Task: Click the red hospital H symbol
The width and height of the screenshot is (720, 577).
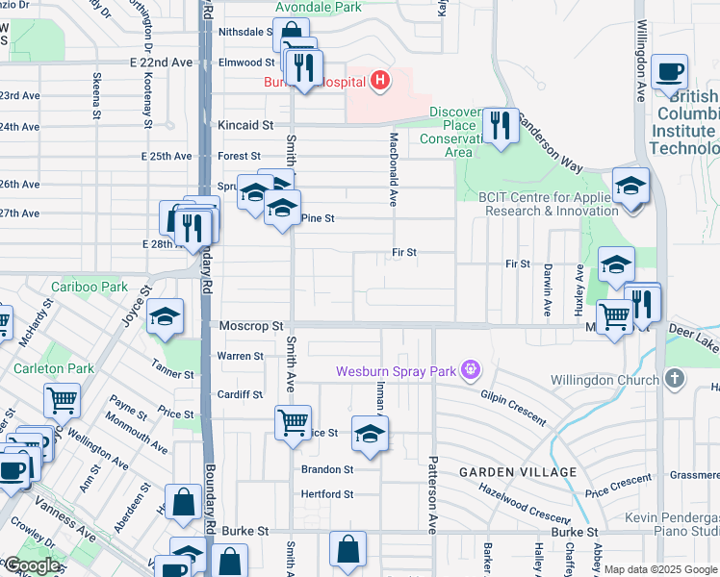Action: pos(380,81)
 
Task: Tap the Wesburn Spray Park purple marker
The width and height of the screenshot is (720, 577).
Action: pos(470,369)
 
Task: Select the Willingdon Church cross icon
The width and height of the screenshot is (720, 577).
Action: pos(674,377)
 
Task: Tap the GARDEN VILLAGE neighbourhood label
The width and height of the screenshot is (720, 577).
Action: pos(518,472)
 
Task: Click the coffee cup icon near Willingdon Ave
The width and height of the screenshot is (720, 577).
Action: pos(669,71)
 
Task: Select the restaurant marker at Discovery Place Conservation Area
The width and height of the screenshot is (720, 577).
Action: pos(500,125)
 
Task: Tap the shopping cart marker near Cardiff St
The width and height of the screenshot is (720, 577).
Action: pos(293,420)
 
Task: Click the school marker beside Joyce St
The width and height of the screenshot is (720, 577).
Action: pos(166,315)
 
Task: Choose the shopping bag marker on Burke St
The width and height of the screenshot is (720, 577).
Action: pos(347,549)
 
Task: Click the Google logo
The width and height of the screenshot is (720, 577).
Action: pos(32,565)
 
